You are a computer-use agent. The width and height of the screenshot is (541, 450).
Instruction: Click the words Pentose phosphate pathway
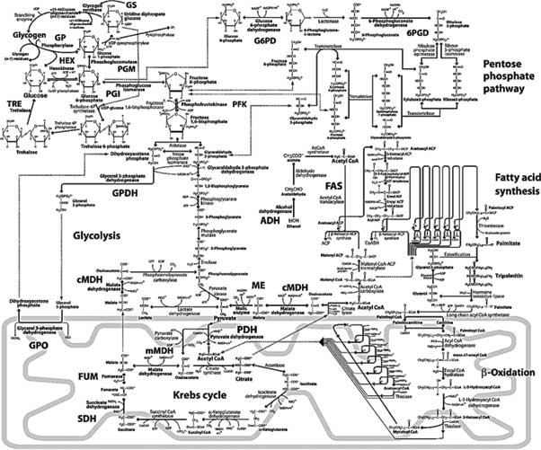click(x=506, y=72)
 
